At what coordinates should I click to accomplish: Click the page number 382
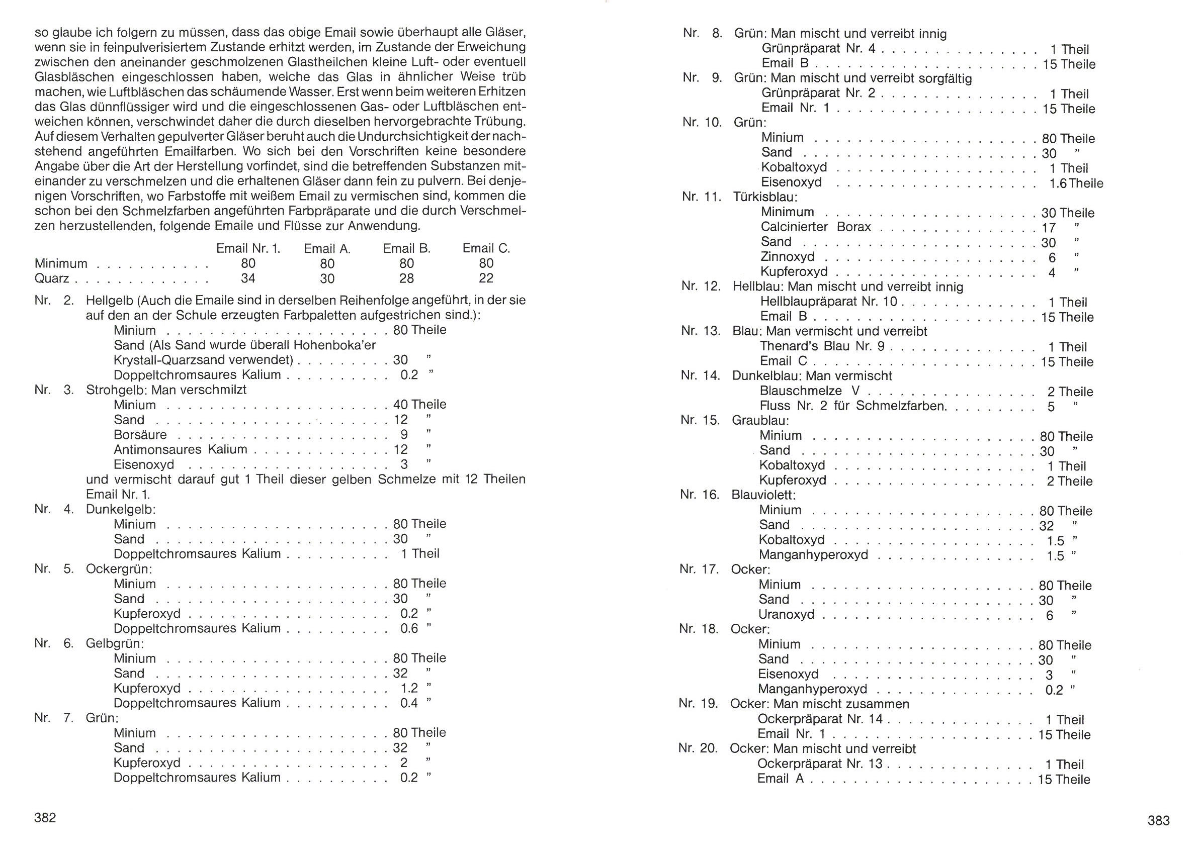click(x=45, y=817)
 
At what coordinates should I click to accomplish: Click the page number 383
click(x=1158, y=820)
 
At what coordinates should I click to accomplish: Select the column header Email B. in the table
click(x=406, y=249)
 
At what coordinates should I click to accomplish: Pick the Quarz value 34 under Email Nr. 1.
click(x=248, y=278)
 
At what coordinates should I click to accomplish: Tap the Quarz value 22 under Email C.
click(x=486, y=278)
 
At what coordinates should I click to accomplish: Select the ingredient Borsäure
click(x=140, y=435)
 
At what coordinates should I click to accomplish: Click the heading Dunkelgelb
click(x=121, y=509)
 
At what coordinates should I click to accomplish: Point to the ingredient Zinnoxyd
click(x=787, y=257)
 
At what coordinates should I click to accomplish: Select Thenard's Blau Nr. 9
click(x=822, y=346)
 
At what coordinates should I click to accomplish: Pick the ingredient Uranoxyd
click(x=786, y=615)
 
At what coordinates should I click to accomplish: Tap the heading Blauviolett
click(x=763, y=495)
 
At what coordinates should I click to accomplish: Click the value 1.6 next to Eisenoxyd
click(x=1058, y=183)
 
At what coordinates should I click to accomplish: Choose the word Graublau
click(x=760, y=421)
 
